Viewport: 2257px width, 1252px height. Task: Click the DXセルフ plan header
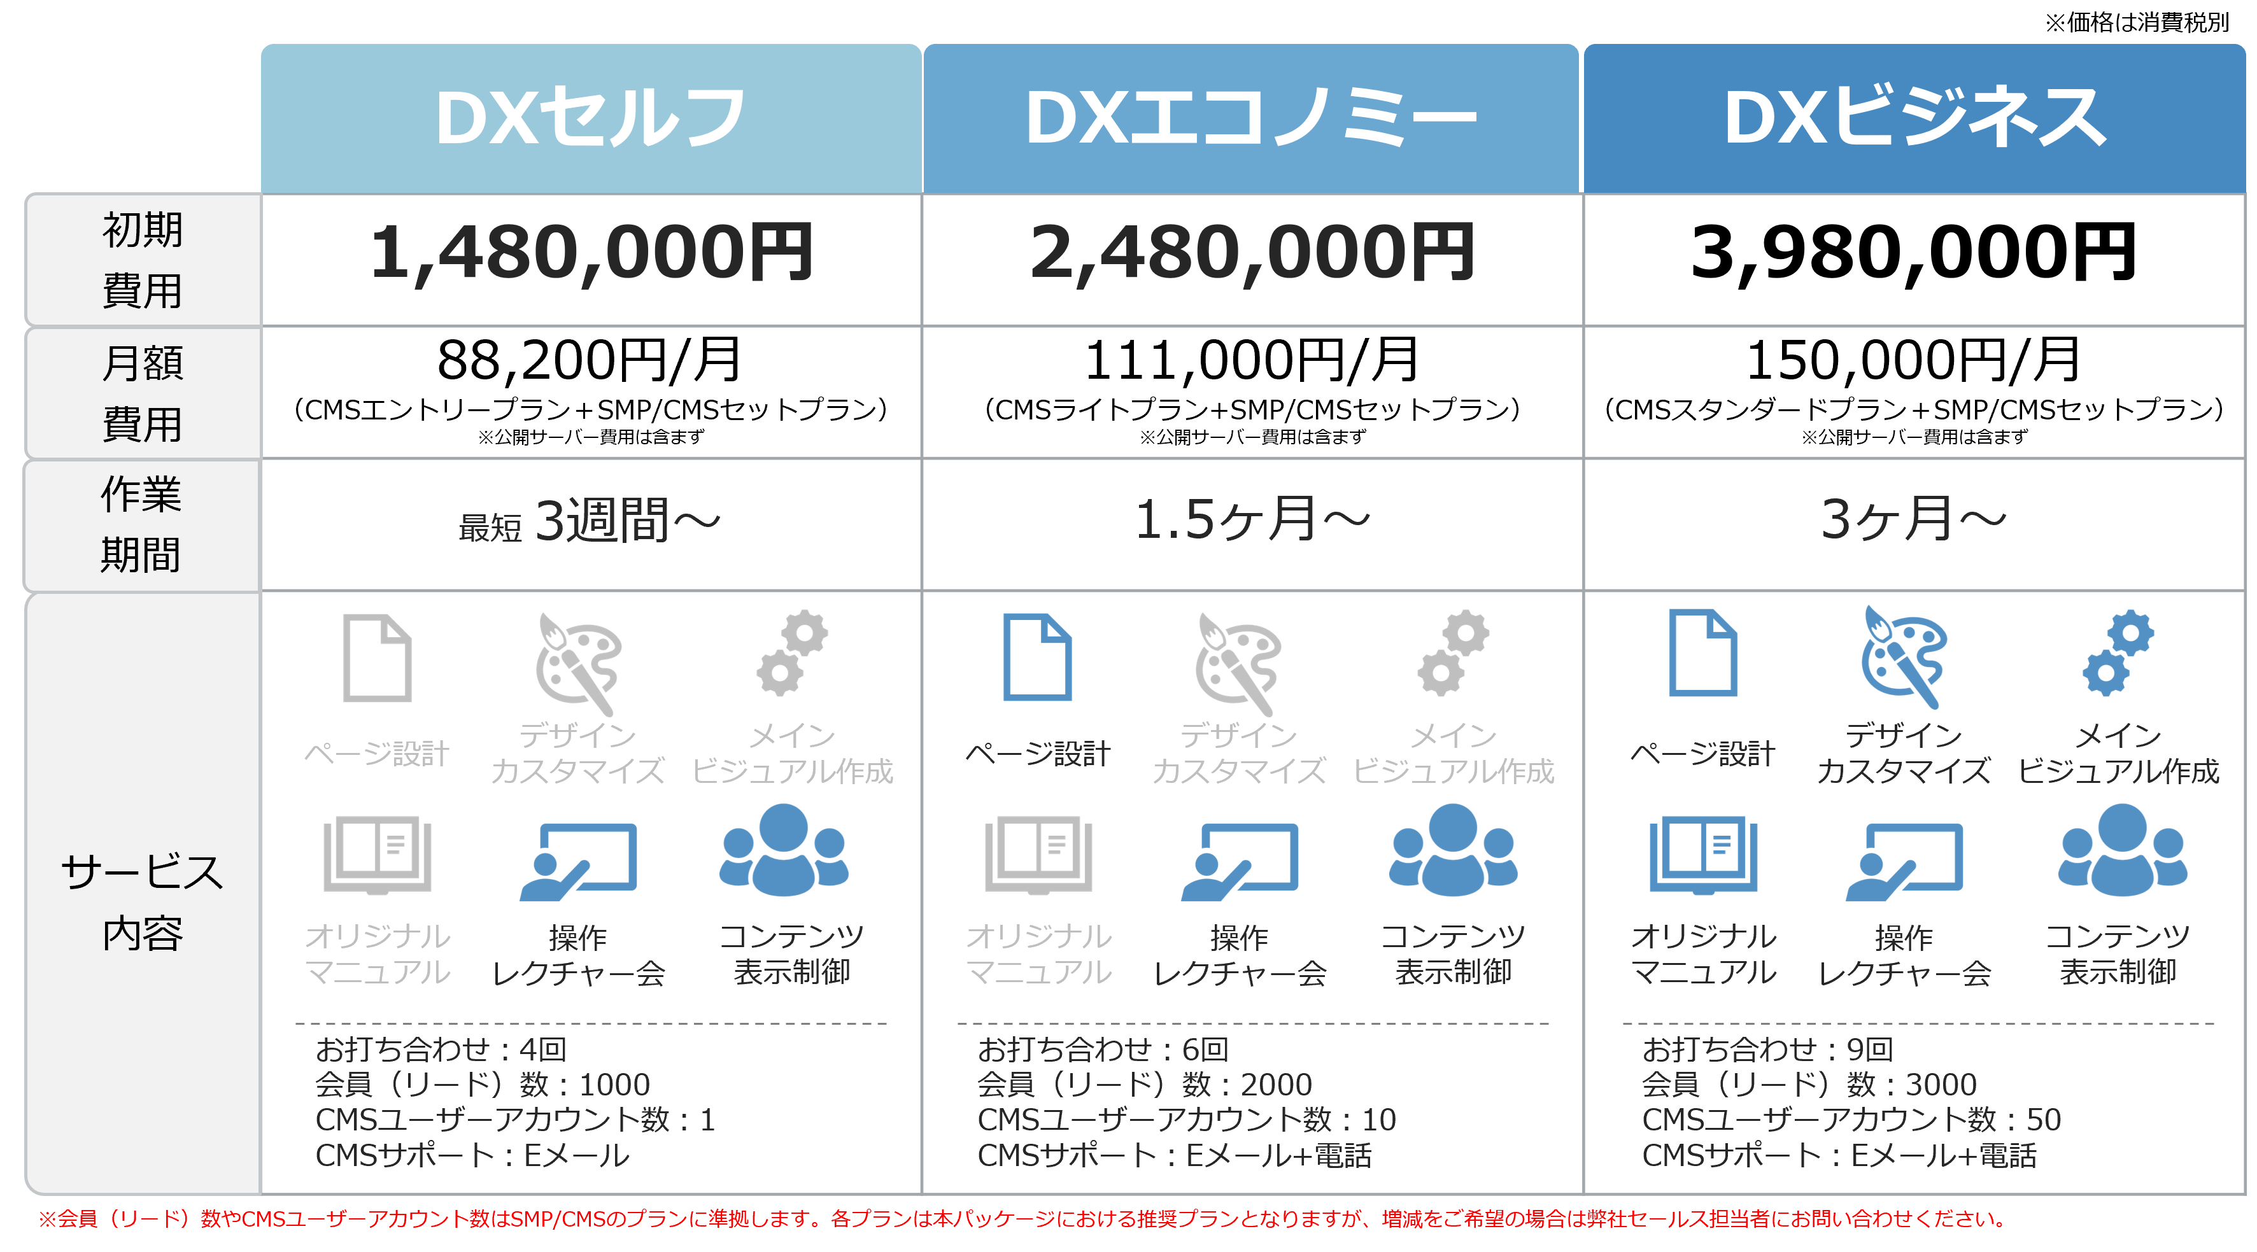pyautogui.click(x=591, y=118)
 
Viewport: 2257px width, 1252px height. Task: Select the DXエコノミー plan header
pyautogui.click(x=1251, y=118)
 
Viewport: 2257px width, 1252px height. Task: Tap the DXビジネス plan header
pyautogui.click(x=1914, y=118)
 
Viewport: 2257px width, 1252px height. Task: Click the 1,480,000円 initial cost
pyautogui.click(x=591, y=254)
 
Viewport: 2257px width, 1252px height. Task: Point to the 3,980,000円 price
pyautogui.click(x=1914, y=254)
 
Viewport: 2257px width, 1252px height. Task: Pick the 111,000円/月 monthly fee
pyautogui.click(x=1251, y=360)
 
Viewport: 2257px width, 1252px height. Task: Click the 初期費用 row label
pyautogui.click(x=142, y=260)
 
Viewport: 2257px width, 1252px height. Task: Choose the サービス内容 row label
pyautogui.click(x=142, y=903)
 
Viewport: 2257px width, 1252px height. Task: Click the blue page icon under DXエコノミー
pyautogui.click(x=1037, y=657)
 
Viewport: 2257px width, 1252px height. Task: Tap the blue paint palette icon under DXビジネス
pyautogui.click(x=1903, y=657)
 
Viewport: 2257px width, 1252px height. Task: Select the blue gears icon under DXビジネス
pyautogui.click(x=2119, y=652)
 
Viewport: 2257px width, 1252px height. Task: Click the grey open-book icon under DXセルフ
pyautogui.click(x=377, y=855)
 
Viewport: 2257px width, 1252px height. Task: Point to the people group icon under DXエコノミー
pyautogui.click(x=1453, y=850)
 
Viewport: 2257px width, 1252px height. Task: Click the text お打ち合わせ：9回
pyautogui.click(x=1767, y=1049)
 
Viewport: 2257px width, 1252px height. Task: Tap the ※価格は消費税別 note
pyautogui.click(x=2136, y=22)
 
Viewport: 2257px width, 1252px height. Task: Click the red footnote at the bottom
pyautogui.click(x=1022, y=1219)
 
